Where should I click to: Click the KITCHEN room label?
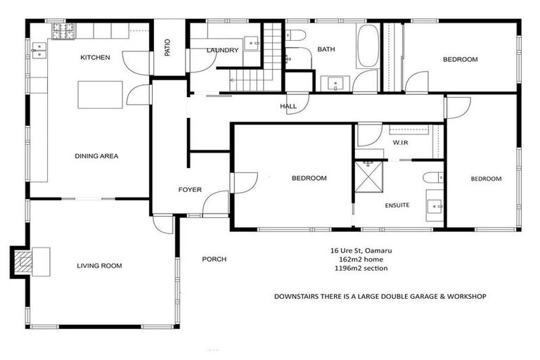point(95,58)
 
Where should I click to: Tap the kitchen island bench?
point(99,95)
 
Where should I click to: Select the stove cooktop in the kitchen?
point(62,31)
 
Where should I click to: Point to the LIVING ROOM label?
point(99,266)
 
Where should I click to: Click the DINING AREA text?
point(96,156)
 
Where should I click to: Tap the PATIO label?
point(167,46)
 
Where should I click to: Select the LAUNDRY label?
point(223,50)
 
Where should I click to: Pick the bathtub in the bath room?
point(368,46)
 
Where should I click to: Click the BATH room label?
point(326,49)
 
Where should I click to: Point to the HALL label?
point(288,106)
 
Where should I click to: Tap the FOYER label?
point(190,190)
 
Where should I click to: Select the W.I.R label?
point(401,143)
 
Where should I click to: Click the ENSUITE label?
point(397,205)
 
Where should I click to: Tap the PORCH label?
point(214,259)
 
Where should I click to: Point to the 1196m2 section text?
point(359,268)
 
